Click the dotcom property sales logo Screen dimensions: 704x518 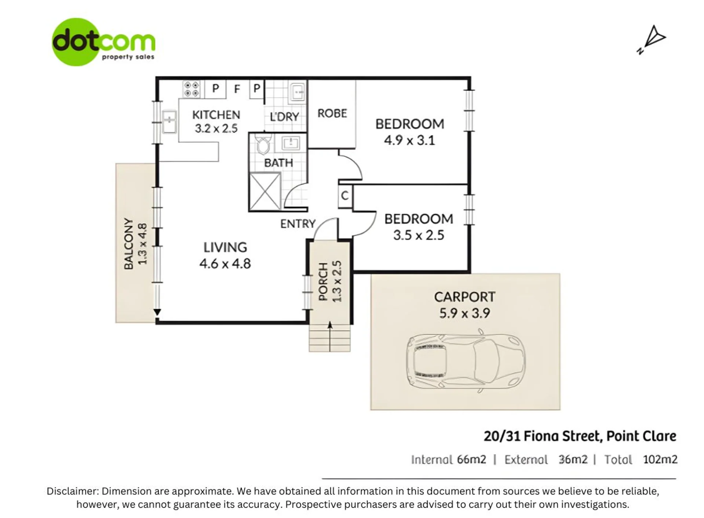pyautogui.click(x=103, y=42)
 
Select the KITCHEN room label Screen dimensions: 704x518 pyautogui.click(x=216, y=115)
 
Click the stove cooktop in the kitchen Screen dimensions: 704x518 pyautogui.click(x=191, y=89)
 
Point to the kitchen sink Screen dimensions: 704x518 pyautogui.click(x=169, y=121)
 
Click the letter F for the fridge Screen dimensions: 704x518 pyautogui.click(x=237, y=89)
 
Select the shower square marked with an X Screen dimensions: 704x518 pyautogui.click(x=265, y=191)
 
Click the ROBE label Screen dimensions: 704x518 pyautogui.click(x=332, y=114)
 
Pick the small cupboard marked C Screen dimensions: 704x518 pyautogui.click(x=345, y=196)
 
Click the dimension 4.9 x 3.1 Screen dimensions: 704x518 pyautogui.click(x=409, y=140)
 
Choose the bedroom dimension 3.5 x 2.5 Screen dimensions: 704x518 pyautogui.click(x=419, y=235)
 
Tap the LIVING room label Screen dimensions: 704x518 pyautogui.click(x=225, y=247)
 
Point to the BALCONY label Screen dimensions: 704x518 pyautogui.click(x=128, y=244)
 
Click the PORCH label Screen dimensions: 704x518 pyautogui.click(x=323, y=282)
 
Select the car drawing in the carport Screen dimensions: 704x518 pyautogui.click(x=466, y=360)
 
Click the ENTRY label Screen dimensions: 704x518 pyautogui.click(x=298, y=224)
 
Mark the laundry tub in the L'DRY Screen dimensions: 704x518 pyautogui.click(x=297, y=92)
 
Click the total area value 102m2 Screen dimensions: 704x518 pyautogui.click(x=660, y=459)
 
